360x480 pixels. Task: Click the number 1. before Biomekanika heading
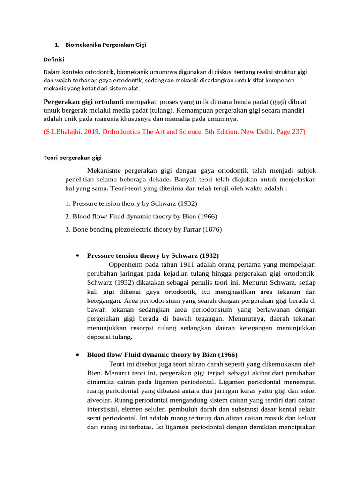57,45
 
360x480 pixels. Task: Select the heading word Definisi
53,60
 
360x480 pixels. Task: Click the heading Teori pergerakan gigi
75,158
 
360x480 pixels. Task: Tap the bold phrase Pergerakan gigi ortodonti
83,102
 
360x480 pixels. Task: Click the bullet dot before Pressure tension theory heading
76,255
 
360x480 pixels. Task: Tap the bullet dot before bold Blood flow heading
76,354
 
